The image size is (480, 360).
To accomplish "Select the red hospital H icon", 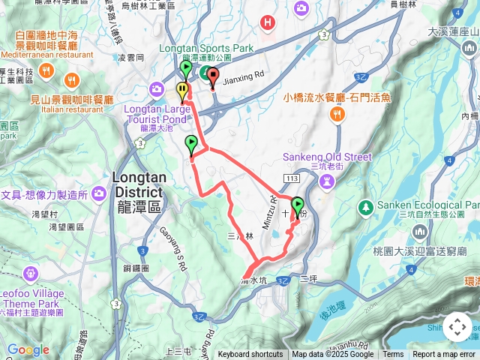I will tap(268, 23).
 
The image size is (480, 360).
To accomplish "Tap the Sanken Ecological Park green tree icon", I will tap(365, 206).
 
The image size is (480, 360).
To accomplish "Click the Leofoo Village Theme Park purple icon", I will tap(30, 271).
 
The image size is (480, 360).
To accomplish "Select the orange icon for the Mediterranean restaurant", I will tap(46, 70).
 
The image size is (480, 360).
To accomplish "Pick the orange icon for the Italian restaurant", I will tap(72, 79).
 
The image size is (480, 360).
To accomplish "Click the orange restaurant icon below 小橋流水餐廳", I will tap(337, 114).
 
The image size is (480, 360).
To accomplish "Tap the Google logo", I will tap(28, 350).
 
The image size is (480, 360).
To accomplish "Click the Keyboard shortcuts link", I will tap(250, 355).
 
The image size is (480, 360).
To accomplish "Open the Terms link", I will tap(393, 355).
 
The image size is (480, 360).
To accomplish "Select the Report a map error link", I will tap(444, 355).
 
